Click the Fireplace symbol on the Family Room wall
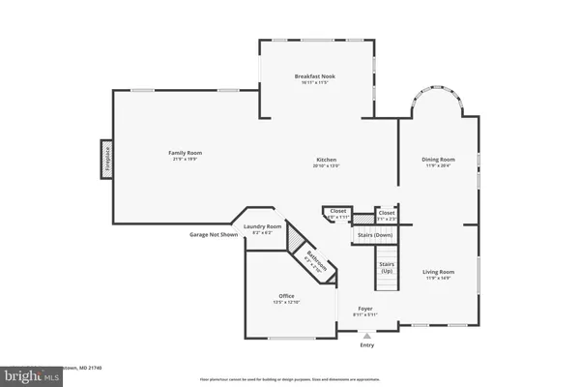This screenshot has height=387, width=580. tap(107, 160)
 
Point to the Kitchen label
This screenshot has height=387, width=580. tap(326, 163)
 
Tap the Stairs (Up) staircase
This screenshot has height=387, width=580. tap(387, 266)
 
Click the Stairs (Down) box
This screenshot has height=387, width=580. tap(375, 234)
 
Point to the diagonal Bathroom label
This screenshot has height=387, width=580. tap(316, 259)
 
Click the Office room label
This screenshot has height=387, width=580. tap(287, 299)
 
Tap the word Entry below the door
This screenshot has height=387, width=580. tap(366, 345)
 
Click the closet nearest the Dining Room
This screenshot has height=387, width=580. tap(386, 214)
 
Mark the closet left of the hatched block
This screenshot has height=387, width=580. tap(337, 214)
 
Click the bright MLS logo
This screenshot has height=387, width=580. tap(18, 373)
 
